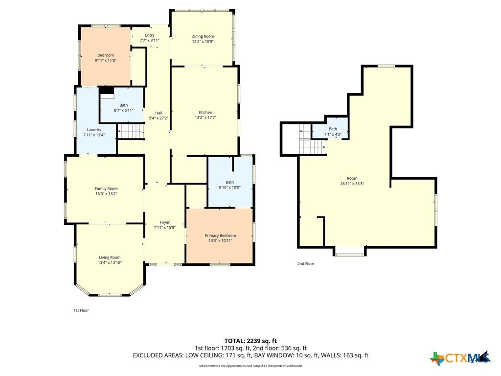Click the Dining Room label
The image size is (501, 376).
tap(203, 36)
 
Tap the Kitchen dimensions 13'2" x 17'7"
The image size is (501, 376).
tap(205, 117)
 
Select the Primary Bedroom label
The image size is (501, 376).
tap(220, 235)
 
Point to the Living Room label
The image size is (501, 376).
tap(110, 258)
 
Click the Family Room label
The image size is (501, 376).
tap(106, 188)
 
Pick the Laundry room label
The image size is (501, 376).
tap(94, 130)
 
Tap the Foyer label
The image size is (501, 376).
tap(164, 222)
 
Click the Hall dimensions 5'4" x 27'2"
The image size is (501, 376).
tap(159, 118)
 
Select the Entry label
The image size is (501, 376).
tap(150, 35)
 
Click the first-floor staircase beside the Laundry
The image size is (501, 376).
tap(131, 131)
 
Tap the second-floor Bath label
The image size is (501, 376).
tap(333, 129)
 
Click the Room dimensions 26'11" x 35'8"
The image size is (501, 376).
tap(352, 184)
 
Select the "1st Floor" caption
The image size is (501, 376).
tap(81, 310)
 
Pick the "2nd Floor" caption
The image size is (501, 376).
tap(306, 264)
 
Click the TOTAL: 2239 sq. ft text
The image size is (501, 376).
tap(250, 341)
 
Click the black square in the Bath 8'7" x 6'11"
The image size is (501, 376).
tap(107, 91)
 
